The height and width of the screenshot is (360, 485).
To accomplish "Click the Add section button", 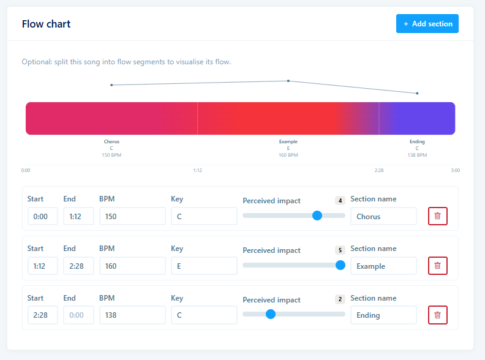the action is pyautogui.click(x=427, y=23).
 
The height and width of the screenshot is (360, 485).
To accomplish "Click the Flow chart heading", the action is pyautogui.click(x=46, y=24).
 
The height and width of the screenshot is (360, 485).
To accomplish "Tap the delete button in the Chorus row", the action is pyautogui.click(x=437, y=216).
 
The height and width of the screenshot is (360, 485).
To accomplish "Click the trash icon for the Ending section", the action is pyautogui.click(x=437, y=315).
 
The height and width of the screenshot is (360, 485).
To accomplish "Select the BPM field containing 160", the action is pyautogui.click(x=132, y=266).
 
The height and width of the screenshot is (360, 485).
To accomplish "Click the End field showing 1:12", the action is pyautogui.click(x=78, y=216).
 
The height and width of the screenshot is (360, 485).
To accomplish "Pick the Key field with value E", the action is pyautogui.click(x=204, y=266).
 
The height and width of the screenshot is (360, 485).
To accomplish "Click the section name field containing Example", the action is pyautogui.click(x=383, y=266).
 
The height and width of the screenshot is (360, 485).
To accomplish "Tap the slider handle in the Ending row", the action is pyautogui.click(x=271, y=314).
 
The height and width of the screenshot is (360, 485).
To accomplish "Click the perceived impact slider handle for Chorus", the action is pyautogui.click(x=317, y=216).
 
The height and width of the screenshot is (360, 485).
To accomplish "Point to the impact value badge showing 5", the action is pyautogui.click(x=340, y=250).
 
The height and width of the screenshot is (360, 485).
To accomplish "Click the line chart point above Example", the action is pyautogui.click(x=288, y=81).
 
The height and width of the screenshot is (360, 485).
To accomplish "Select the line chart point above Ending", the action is pyautogui.click(x=417, y=93).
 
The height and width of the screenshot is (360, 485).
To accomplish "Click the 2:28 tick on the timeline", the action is pyautogui.click(x=379, y=170).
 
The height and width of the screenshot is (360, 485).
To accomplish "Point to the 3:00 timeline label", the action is pyautogui.click(x=456, y=170).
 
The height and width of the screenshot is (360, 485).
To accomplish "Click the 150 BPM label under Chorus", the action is pyautogui.click(x=111, y=155).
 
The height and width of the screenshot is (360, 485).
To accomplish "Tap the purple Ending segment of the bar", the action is pyautogui.click(x=417, y=118).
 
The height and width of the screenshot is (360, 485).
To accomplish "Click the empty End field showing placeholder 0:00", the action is pyautogui.click(x=78, y=315).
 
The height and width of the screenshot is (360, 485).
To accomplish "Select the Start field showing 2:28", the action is pyautogui.click(x=43, y=315).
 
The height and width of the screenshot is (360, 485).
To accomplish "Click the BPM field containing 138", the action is pyautogui.click(x=132, y=315).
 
